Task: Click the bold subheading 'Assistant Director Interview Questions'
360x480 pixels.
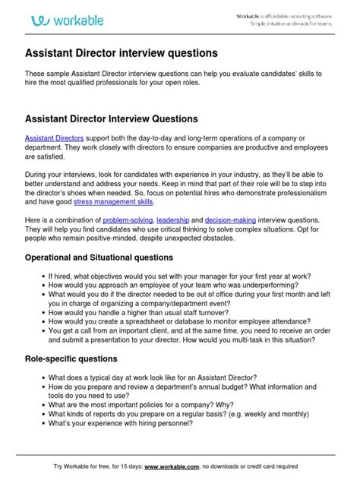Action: pyautogui.click(x=112, y=119)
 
